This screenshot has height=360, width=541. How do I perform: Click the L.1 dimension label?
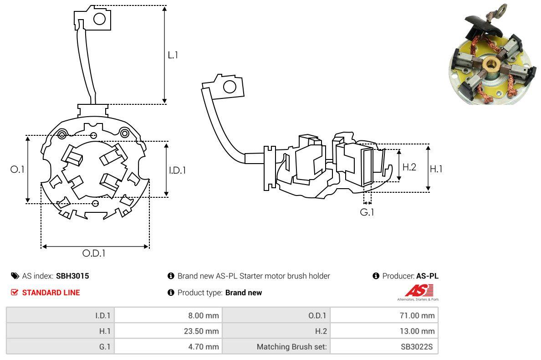coord(173,55)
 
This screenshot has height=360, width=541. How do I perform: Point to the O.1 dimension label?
coord(17,169)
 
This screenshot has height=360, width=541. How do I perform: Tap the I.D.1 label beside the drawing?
coord(177,170)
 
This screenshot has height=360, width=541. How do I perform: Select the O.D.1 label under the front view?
coord(93,253)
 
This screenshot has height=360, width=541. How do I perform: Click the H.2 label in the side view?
coord(409,167)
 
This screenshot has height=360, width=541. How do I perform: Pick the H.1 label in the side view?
coord(436,169)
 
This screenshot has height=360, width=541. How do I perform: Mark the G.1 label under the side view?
coord(367,212)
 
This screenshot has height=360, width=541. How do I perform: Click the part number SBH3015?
coord(72,276)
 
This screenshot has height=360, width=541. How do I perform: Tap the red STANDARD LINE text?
coord(51,293)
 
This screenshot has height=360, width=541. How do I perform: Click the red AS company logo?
coord(419,290)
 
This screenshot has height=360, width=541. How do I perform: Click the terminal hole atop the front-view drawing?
coord(99,19)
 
